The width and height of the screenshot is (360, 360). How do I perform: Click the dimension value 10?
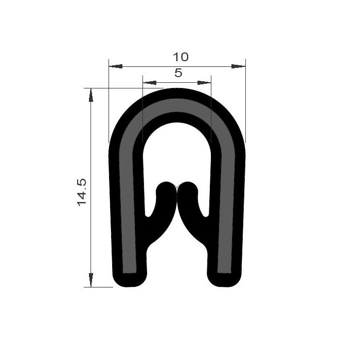click(x=181, y=57)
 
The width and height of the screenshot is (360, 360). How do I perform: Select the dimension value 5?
click(x=178, y=73)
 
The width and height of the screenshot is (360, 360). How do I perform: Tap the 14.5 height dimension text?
click(x=81, y=192)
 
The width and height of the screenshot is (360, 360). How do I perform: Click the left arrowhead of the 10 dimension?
click(x=116, y=66)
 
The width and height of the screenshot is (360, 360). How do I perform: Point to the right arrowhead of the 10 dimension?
click(x=238, y=66)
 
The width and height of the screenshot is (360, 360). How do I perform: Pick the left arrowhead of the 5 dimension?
click(x=150, y=83)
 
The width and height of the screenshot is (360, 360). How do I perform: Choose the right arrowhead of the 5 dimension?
click(x=204, y=83)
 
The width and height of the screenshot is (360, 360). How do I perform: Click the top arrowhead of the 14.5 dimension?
click(x=91, y=95)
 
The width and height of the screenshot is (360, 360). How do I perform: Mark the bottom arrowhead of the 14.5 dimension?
click(x=91, y=280)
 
